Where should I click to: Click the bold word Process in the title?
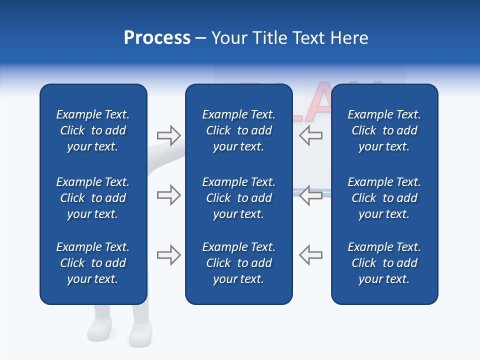click(x=157, y=38)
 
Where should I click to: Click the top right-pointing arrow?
click(x=168, y=135)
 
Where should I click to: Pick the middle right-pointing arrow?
click(x=168, y=195)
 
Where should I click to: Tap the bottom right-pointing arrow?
click(x=168, y=255)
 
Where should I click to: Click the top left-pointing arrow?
click(x=310, y=135)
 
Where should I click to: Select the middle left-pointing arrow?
click(x=310, y=195)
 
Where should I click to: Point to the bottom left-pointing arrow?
click(x=310, y=255)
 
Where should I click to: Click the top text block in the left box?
click(x=93, y=130)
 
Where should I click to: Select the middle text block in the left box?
click(x=93, y=198)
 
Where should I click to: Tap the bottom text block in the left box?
click(x=93, y=263)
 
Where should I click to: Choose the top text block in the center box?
click(x=238, y=130)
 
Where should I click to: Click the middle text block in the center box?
click(x=238, y=198)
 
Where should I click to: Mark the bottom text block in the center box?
click(x=238, y=263)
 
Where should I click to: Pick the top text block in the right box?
click(x=384, y=130)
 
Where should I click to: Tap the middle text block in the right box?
click(x=384, y=198)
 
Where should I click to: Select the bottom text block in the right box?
click(x=384, y=263)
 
